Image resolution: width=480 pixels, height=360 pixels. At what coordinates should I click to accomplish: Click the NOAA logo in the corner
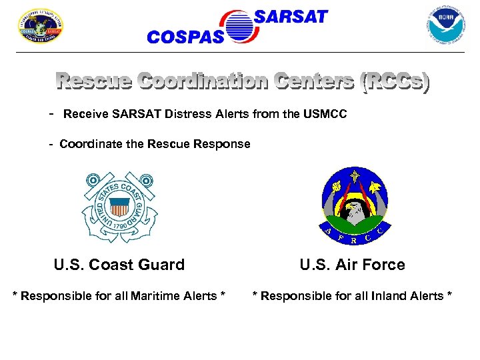pos(446,25)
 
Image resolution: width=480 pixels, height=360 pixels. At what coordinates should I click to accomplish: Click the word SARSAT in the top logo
pos(291,17)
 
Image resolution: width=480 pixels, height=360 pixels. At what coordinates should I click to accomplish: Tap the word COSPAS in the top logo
pos(185,37)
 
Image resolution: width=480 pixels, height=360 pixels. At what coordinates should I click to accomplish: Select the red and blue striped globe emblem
pos(239,27)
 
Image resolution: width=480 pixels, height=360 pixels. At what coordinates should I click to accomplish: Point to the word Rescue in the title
pos(93,83)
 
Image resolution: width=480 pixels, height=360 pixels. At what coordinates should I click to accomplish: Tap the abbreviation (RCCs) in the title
pos(394,83)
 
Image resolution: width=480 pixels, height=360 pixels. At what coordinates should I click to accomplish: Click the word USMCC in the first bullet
pos(325,115)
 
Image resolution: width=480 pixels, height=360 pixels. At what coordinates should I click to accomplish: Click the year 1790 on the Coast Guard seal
pos(120,226)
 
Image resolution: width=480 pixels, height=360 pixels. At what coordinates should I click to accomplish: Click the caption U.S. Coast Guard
pos(119,265)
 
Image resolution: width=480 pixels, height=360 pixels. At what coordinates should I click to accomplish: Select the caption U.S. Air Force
pos(352,265)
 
